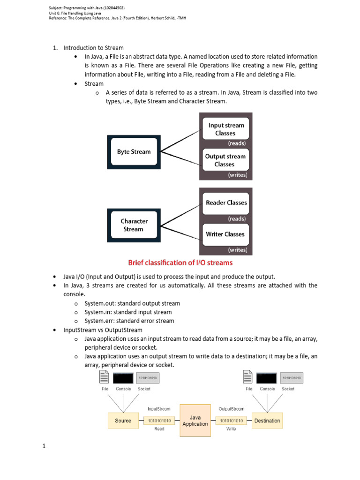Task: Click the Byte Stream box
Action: tap(134, 152)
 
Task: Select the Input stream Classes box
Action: tap(226, 129)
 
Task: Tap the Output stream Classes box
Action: tap(226, 160)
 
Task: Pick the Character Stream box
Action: tap(134, 225)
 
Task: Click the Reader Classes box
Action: tap(226, 203)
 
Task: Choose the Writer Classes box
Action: tap(226, 234)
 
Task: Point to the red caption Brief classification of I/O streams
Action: tap(180, 262)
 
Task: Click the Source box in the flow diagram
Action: tap(123, 420)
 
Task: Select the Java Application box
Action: tap(195, 420)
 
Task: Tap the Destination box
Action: tap(267, 420)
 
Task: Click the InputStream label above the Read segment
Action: tap(159, 409)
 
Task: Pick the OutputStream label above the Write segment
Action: tap(231, 409)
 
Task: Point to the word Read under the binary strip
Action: tap(159, 429)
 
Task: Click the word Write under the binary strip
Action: tap(231, 429)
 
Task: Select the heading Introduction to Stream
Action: tap(93, 48)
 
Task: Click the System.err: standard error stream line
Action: tap(129, 321)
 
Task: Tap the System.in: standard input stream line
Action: tap(128, 312)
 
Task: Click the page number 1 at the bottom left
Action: tap(44, 446)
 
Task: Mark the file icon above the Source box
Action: tap(105, 378)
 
